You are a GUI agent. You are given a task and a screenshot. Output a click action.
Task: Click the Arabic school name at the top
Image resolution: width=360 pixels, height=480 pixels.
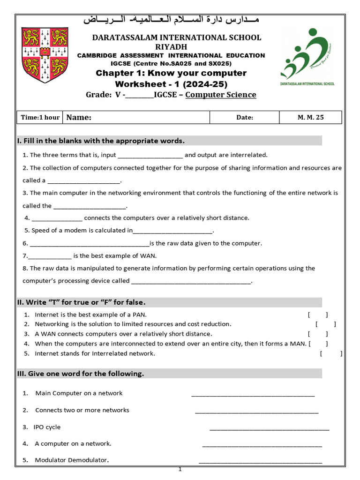click(x=171, y=20)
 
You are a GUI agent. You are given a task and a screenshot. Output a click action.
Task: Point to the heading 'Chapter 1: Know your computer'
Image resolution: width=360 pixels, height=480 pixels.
click(x=171, y=73)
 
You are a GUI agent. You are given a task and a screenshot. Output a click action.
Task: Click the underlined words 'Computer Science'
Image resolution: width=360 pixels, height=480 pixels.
click(x=221, y=95)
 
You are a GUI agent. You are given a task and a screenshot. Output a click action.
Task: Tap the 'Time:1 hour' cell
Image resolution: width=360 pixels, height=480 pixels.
click(x=40, y=117)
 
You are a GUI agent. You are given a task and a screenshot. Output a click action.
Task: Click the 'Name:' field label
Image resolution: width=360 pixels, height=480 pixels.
click(x=79, y=117)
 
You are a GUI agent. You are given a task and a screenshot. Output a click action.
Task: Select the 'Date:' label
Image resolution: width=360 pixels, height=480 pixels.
click(x=245, y=118)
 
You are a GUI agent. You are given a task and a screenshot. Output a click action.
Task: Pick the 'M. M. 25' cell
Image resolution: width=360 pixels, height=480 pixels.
click(x=310, y=117)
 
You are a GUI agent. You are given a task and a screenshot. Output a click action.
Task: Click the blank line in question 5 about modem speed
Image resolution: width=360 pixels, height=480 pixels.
click(x=173, y=231)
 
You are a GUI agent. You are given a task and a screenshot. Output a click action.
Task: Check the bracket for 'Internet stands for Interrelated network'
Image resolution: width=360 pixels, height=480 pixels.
click(x=331, y=353)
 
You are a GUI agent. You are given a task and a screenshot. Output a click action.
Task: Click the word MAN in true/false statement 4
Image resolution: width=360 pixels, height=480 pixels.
click(x=298, y=344)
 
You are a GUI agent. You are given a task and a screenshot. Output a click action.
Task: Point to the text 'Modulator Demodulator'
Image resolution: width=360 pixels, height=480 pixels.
click(x=72, y=460)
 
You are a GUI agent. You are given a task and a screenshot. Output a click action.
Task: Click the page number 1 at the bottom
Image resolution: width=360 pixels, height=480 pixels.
click(x=180, y=469)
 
